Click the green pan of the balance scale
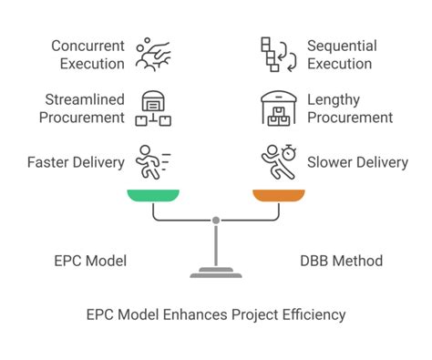[x=153, y=195]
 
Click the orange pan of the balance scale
[x=279, y=195]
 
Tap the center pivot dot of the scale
[x=216, y=220]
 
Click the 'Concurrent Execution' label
[x=87, y=55]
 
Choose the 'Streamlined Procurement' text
[x=84, y=108]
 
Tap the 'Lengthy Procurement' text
[x=350, y=108]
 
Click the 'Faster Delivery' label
[x=76, y=162]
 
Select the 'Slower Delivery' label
[x=358, y=162]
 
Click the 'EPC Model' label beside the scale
[x=89, y=261]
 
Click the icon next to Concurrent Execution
[x=152, y=54]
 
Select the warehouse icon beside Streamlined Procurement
[x=152, y=108]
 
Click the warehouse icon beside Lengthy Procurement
[x=279, y=108]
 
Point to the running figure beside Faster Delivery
[x=152, y=161]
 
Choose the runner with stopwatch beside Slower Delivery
[x=279, y=161]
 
